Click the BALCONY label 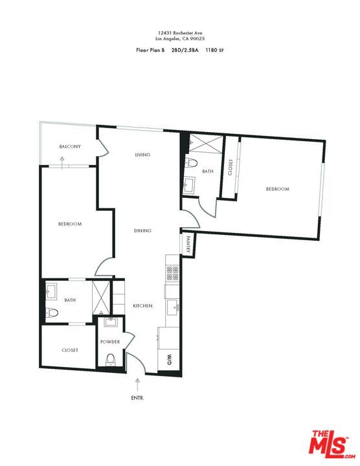[70, 147]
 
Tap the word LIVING [142, 155]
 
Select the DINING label [142, 230]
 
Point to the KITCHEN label [142, 305]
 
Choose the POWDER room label [110, 342]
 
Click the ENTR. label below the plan [137, 397]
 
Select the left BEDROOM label [69, 224]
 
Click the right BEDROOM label [277, 189]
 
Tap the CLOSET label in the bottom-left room [70, 350]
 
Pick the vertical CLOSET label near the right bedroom [230, 167]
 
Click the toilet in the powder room [110, 359]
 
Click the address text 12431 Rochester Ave [179, 32]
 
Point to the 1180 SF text [216, 49]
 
